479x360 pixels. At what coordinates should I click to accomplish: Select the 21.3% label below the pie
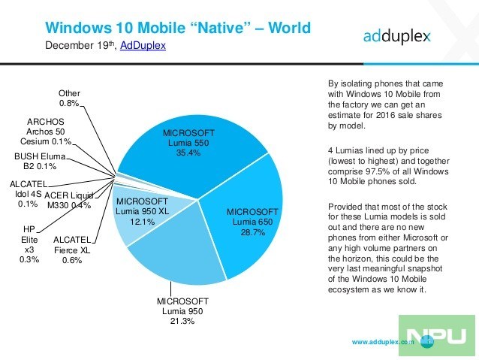pyautogui.click(x=180, y=321)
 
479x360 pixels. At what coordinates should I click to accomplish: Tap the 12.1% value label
pyautogui.click(x=140, y=222)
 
